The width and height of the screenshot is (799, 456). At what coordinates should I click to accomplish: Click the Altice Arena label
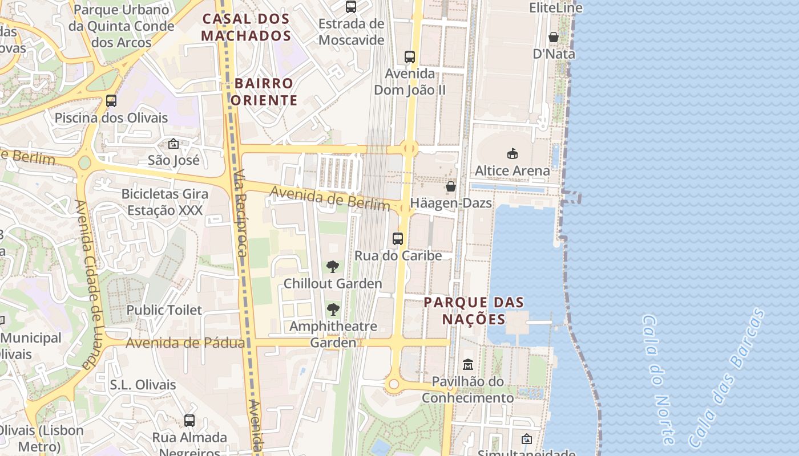click(x=513, y=170)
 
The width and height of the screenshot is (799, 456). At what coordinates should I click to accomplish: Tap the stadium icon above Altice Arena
click(x=513, y=153)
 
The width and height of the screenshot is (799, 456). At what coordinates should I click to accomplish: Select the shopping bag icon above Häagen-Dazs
click(x=451, y=186)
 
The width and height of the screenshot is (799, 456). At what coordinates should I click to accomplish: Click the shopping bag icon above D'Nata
click(x=554, y=37)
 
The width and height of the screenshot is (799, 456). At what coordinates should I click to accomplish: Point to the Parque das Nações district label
click(x=474, y=311)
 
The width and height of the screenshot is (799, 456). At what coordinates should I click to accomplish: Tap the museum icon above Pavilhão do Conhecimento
click(x=468, y=364)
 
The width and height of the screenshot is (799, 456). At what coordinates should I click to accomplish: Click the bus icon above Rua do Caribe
click(x=398, y=239)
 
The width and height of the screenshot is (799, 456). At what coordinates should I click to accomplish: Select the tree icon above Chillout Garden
click(x=332, y=267)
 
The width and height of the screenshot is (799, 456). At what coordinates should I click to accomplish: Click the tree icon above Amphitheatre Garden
click(x=333, y=310)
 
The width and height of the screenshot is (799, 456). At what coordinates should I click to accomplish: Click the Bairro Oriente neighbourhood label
click(x=264, y=92)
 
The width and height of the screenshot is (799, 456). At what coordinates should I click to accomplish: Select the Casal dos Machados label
click(x=247, y=27)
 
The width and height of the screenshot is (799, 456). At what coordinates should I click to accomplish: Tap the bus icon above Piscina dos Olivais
click(x=111, y=101)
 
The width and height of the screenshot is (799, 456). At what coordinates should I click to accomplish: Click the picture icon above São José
click(x=173, y=144)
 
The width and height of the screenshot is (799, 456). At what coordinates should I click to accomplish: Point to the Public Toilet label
click(x=164, y=310)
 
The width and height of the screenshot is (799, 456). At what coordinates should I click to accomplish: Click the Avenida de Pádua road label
click(x=185, y=343)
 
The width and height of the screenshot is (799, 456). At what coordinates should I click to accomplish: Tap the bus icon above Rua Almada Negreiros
click(x=189, y=421)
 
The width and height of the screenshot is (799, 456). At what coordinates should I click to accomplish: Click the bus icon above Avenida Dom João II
click(x=410, y=56)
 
